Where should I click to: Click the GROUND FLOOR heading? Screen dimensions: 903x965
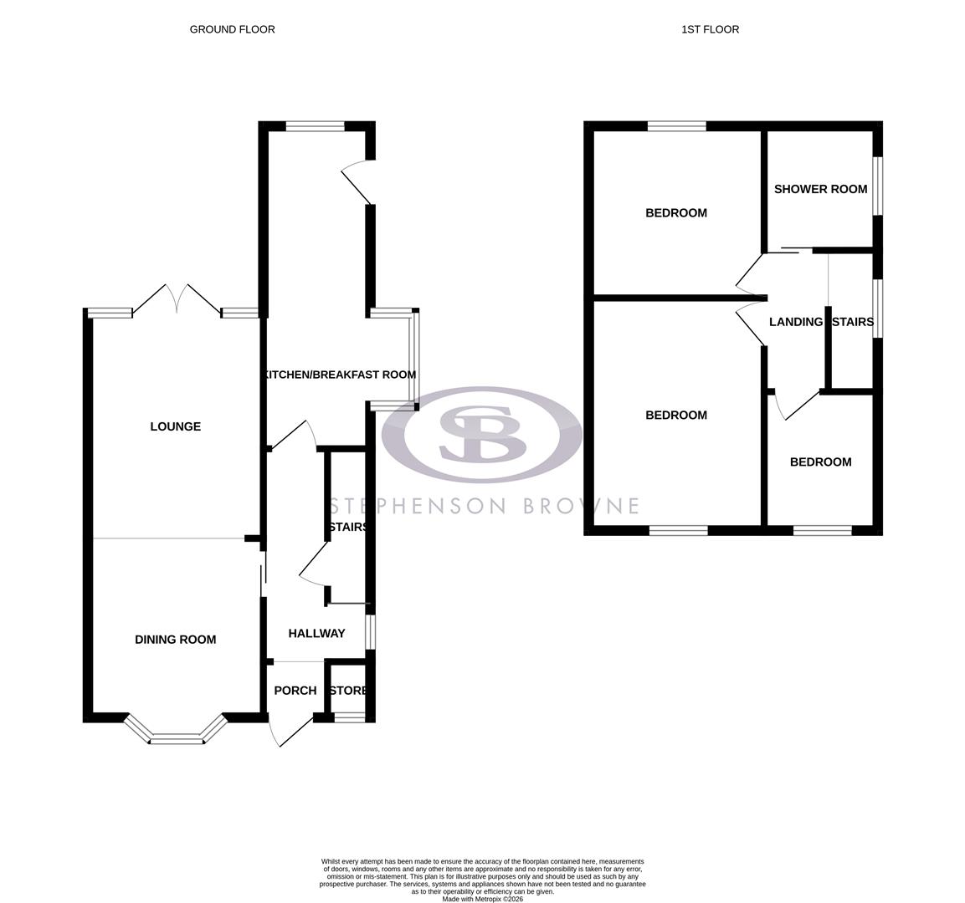click(232, 29)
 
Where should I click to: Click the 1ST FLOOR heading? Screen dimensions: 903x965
click(710, 29)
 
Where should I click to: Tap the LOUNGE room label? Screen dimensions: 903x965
click(175, 426)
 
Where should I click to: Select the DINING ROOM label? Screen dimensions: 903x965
click(175, 640)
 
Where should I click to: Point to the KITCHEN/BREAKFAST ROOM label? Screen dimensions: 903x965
click(340, 375)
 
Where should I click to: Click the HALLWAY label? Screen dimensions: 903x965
click(316, 634)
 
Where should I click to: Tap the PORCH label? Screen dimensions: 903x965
click(295, 691)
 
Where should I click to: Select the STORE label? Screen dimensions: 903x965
click(348, 691)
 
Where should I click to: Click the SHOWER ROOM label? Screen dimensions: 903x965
click(820, 189)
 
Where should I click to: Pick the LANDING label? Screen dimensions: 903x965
click(795, 322)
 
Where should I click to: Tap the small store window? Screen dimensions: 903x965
click(349, 717)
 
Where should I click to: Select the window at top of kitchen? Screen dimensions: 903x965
click(315, 127)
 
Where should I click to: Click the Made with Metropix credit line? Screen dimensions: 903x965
click(482, 899)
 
